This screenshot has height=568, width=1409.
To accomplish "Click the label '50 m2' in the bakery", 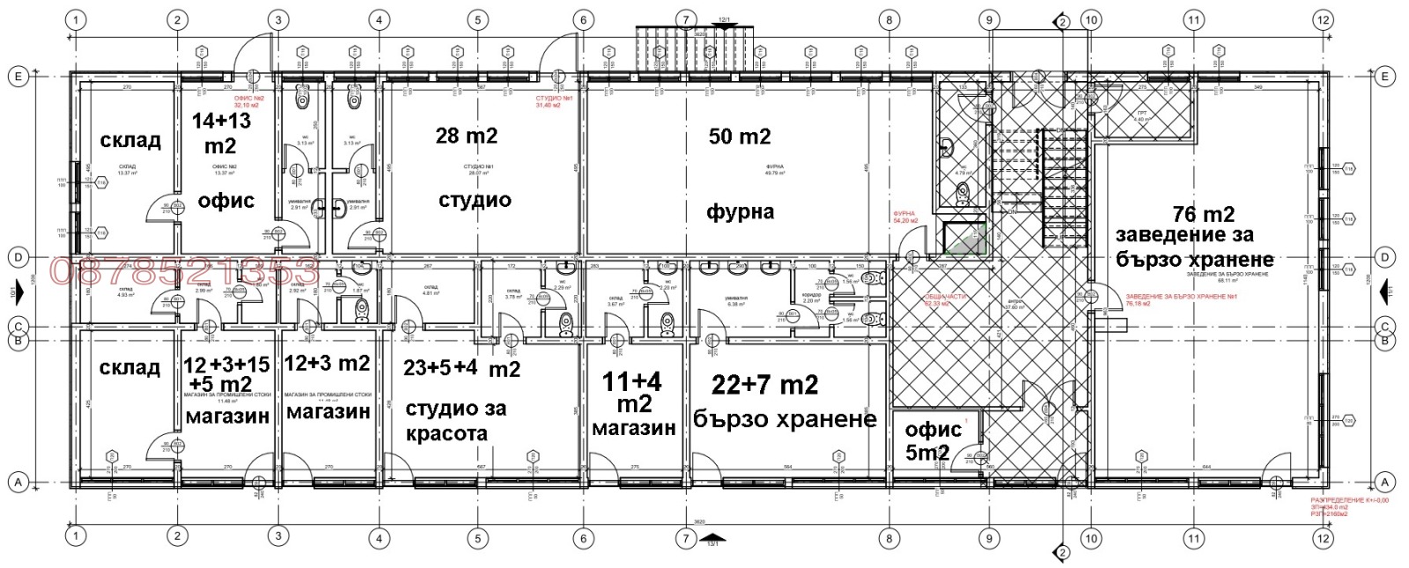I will [x=739, y=136].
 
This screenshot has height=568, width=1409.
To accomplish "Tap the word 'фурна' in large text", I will [x=740, y=211].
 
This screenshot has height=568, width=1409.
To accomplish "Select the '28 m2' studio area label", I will [x=466, y=136].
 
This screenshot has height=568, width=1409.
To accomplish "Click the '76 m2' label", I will [x=1203, y=214].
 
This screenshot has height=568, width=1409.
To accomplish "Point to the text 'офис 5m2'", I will [x=932, y=440].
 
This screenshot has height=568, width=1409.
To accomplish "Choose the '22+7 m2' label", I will [x=764, y=385].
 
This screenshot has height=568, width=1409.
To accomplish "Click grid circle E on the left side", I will [x=18, y=77].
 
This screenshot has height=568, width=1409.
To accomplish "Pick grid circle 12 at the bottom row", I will [x=1323, y=536].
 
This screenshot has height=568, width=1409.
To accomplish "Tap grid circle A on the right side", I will [x=1385, y=482].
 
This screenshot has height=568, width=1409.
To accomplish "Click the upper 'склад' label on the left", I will [x=129, y=141].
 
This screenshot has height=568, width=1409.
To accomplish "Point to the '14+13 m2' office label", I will [x=221, y=133].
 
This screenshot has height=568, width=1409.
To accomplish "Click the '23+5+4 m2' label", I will [x=461, y=369].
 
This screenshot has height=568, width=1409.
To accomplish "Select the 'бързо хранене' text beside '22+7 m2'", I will [x=784, y=419].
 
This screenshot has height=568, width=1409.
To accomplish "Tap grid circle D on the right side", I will [x=1385, y=257].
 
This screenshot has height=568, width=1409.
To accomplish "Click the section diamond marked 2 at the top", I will [x=1062, y=21].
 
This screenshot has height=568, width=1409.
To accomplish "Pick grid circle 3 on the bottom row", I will [x=278, y=536].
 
